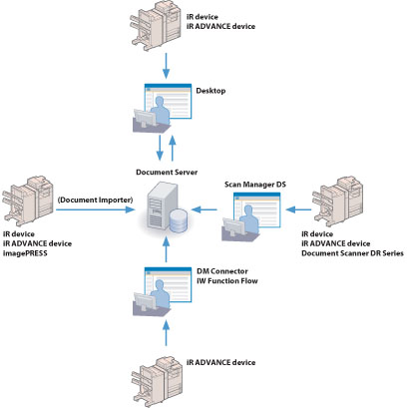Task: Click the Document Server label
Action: coord(167,173)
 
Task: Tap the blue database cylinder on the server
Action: coord(179,220)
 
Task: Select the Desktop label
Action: coord(210,91)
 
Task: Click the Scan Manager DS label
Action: coord(255,185)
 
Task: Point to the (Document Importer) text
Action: coord(95,200)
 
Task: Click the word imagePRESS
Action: coord(25,253)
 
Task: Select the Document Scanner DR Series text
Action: coord(352,253)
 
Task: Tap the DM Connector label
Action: coord(222,271)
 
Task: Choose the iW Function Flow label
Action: coord(227,281)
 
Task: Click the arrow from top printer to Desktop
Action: coord(166,66)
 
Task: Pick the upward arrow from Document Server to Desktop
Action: coord(173,148)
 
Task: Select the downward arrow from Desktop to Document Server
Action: coord(160,148)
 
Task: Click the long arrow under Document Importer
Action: coord(96,209)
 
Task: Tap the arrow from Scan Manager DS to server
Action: coord(205,209)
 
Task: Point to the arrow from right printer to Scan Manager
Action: coord(298,209)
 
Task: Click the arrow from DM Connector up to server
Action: coord(166,249)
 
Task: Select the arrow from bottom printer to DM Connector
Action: coord(166,333)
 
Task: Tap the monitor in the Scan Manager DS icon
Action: coord(233,227)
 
